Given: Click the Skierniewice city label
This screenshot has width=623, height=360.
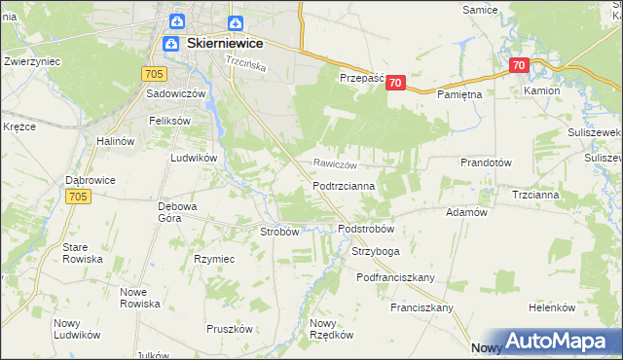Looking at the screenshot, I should click(224, 44).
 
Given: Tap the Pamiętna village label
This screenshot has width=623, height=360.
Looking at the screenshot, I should click(460, 95).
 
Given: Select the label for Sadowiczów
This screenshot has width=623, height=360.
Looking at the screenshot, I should click(175, 94).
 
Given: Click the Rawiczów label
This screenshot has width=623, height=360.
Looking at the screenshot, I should click(336, 163).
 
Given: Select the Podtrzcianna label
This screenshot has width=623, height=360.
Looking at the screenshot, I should click(350, 184).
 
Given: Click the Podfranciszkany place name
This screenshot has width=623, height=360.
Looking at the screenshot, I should click(394, 277).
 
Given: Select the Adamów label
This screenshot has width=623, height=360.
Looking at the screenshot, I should click(465, 211).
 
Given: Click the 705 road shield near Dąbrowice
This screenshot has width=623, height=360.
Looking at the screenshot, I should click(80, 197).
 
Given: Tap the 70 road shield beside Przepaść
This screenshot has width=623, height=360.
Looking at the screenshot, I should click(395, 84).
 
